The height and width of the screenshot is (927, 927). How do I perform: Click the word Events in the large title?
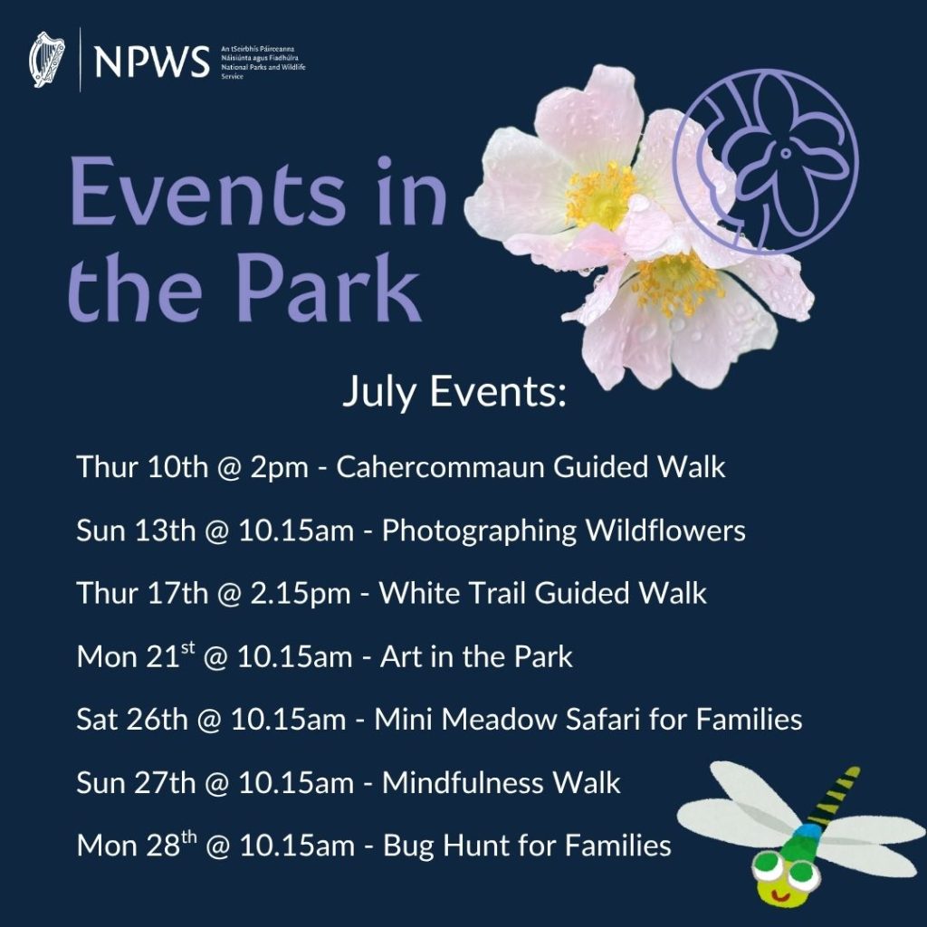(207, 195)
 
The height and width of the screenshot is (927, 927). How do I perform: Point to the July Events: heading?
(454, 394)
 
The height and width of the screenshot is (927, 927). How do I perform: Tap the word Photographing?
(480, 530)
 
